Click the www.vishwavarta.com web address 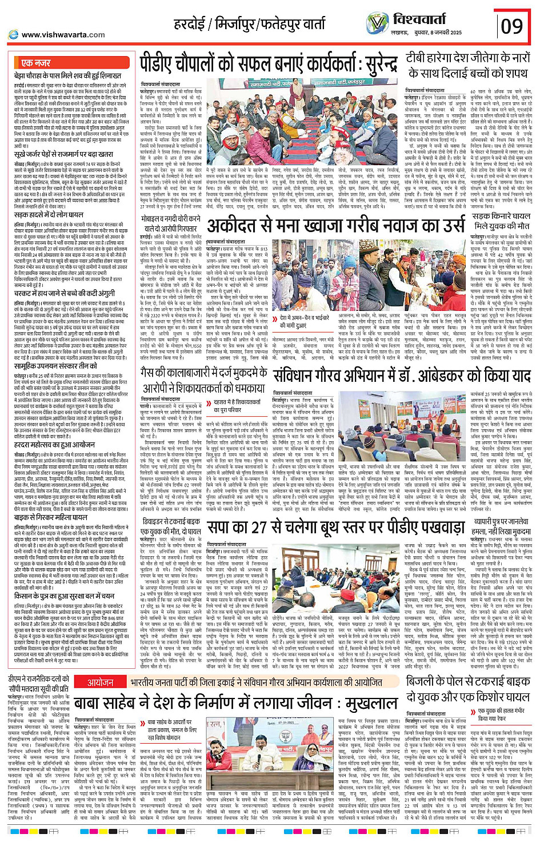point(63,34)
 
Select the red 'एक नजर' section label point(35,63)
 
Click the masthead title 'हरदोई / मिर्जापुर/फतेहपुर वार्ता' point(249,25)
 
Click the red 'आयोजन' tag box point(101,683)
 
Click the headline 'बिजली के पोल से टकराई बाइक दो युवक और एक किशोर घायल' point(467,689)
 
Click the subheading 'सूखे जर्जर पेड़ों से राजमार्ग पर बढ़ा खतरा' point(63,154)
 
